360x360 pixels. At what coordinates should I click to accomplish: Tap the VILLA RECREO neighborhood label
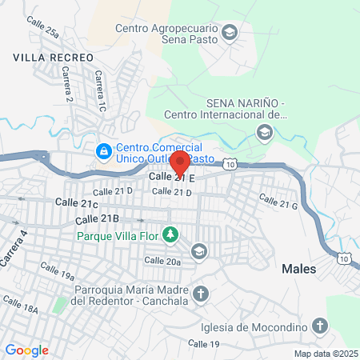(x=54, y=58)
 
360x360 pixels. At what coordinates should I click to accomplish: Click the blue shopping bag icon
(x=103, y=150)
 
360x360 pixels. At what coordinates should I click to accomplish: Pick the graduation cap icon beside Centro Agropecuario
(x=230, y=33)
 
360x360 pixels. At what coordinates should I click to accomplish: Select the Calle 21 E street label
(x=172, y=177)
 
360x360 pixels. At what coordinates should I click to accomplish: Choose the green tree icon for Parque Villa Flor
(x=170, y=234)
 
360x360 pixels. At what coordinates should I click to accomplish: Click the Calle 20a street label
(x=162, y=260)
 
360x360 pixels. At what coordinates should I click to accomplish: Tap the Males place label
(x=298, y=269)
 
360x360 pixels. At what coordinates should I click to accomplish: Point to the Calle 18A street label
(x=20, y=305)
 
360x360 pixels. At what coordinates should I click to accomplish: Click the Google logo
(x=26, y=350)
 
